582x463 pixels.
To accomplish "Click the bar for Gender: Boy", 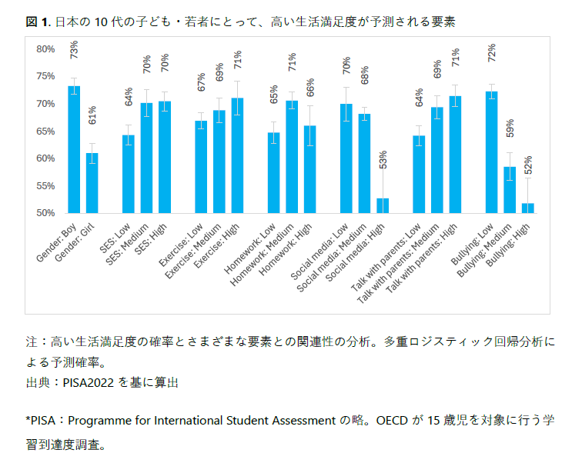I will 74,149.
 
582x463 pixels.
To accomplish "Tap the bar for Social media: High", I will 383,205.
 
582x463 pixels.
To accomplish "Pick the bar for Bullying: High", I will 527,208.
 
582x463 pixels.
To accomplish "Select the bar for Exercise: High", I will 237,155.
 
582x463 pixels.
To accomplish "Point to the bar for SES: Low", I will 129,174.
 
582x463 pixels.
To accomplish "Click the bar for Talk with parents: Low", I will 419,174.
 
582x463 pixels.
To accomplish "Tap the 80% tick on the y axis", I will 46,49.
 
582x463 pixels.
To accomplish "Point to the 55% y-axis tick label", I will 46,185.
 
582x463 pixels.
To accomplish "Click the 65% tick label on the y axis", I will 46,131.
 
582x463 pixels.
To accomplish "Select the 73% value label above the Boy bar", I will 74,50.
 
